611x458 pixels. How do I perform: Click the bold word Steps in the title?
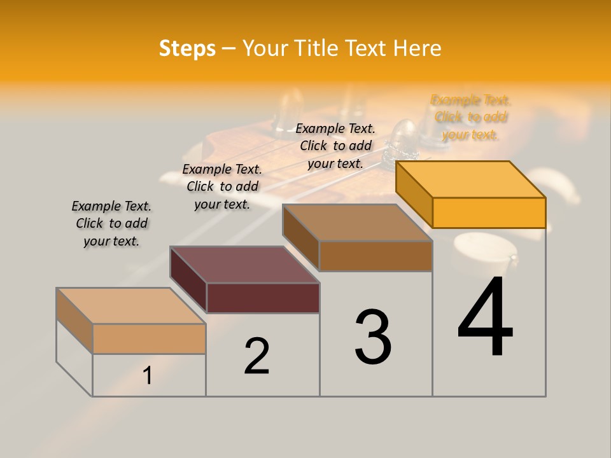187,48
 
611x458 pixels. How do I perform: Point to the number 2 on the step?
257,356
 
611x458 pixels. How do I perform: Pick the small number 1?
147,376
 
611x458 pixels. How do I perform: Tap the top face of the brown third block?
357,223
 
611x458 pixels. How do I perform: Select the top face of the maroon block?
244,265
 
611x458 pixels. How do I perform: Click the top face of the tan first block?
130,306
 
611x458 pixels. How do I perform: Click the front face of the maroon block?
263,298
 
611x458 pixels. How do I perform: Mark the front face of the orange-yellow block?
489,212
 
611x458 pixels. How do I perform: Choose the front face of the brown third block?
376,256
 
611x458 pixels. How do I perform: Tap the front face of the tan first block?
149,338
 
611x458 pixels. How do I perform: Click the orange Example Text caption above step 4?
470,117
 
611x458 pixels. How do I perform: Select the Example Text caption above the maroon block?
222,186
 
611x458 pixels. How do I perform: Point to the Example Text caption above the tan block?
111,223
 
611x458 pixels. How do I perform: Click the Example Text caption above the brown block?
335,146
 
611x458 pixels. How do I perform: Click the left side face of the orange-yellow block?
414,194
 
